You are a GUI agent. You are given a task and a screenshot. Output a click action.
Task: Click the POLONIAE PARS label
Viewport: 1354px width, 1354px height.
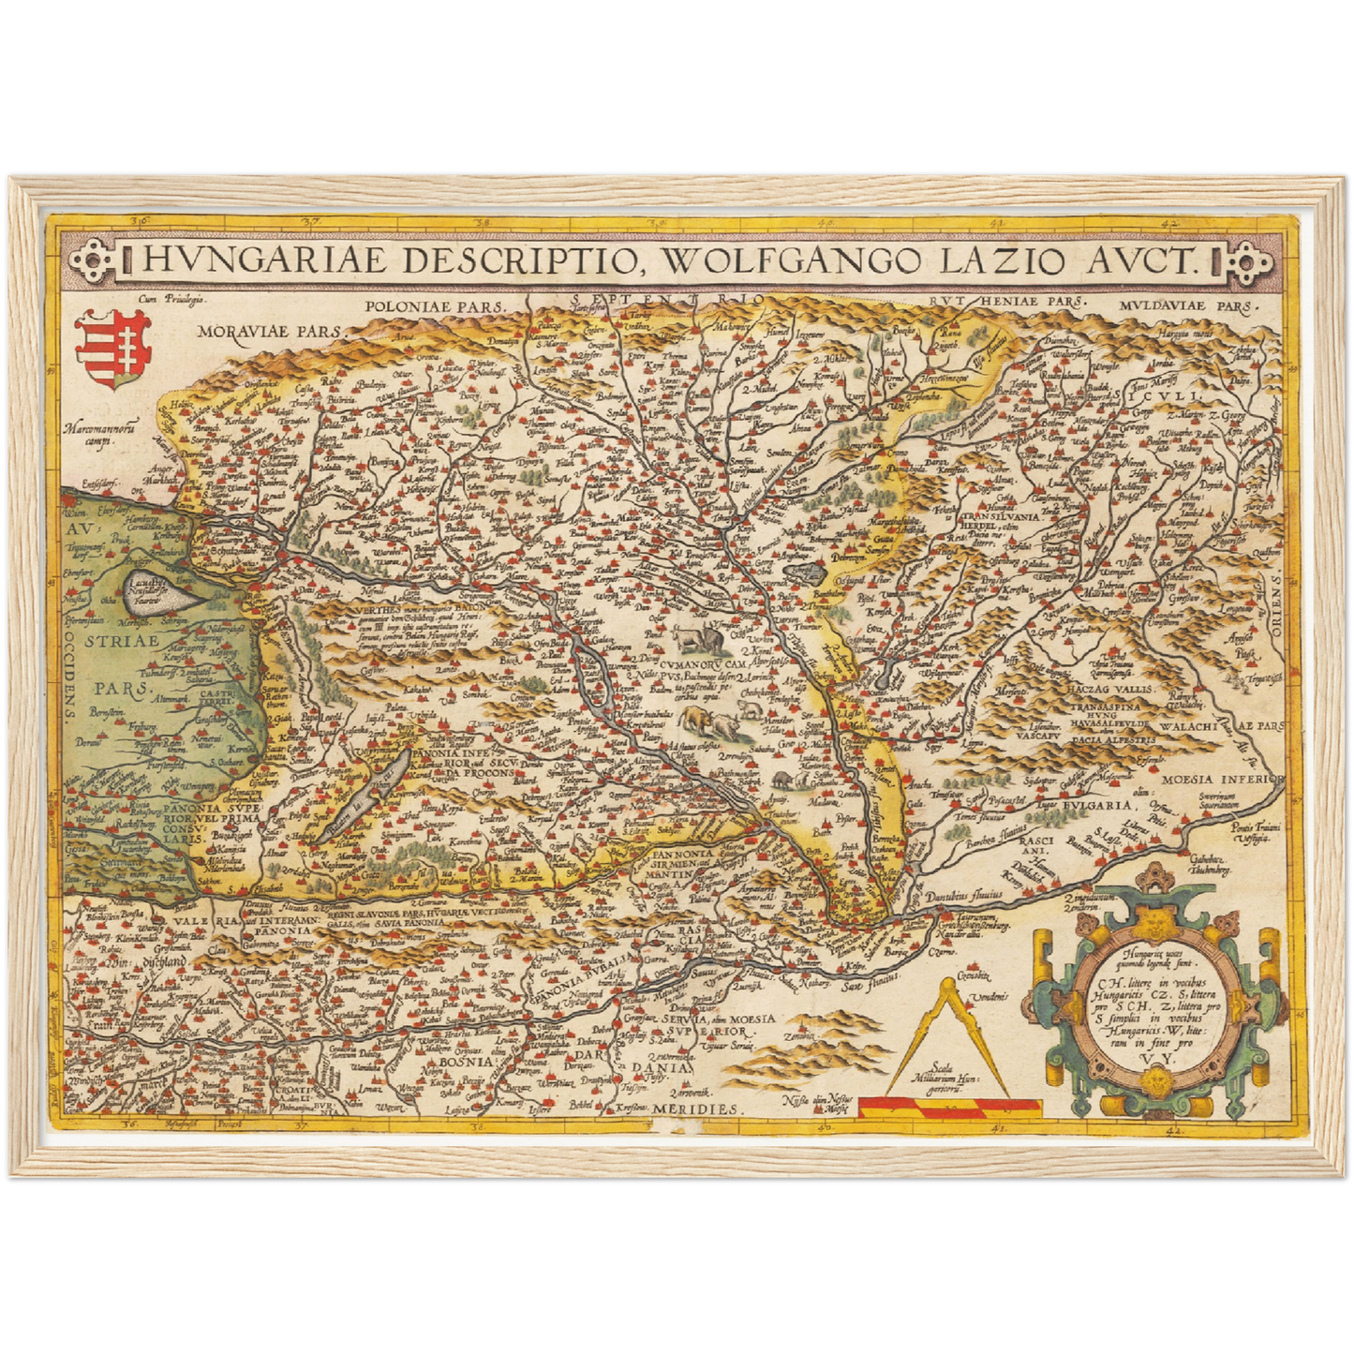click(x=435, y=305)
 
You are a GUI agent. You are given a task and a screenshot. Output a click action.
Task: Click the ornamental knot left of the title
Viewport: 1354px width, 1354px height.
click(x=95, y=258)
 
